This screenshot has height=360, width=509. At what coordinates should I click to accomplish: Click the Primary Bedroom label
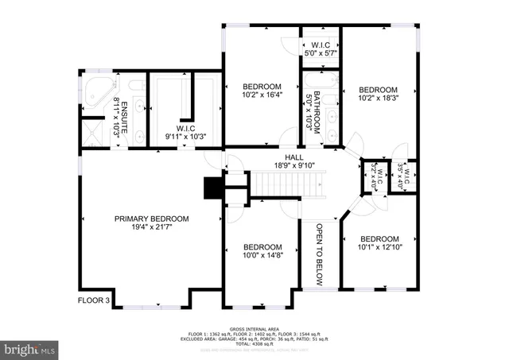tap(151, 223)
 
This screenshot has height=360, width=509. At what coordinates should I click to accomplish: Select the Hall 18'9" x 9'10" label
tap(271, 161)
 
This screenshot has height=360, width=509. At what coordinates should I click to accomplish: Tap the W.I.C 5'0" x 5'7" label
tap(321, 48)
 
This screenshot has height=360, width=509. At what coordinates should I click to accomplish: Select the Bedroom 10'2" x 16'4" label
tap(262, 91)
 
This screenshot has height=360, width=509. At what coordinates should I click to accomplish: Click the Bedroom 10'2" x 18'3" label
tap(378, 95)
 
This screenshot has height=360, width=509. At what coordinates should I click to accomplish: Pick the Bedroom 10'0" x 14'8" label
tap(262, 251)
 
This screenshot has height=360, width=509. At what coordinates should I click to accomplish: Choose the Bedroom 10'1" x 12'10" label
tap(379, 244)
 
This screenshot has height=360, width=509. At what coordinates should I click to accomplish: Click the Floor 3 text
tap(95, 300)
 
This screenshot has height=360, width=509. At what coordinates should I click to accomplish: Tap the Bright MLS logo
tap(30, 348)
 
